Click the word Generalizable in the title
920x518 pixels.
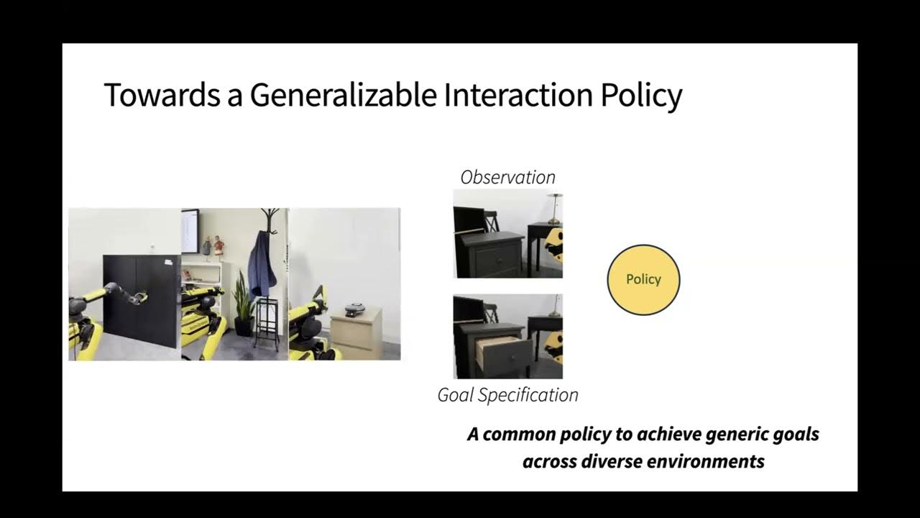click(344, 95)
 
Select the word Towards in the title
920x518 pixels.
click(162, 95)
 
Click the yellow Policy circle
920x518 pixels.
click(643, 280)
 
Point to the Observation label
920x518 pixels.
click(507, 177)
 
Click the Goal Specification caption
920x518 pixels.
click(507, 395)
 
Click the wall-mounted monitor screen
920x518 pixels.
click(190, 230)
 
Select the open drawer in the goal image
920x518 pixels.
click(497, 350)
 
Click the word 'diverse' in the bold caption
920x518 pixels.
click(607, 461)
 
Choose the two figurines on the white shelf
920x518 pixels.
click(211, 246)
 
